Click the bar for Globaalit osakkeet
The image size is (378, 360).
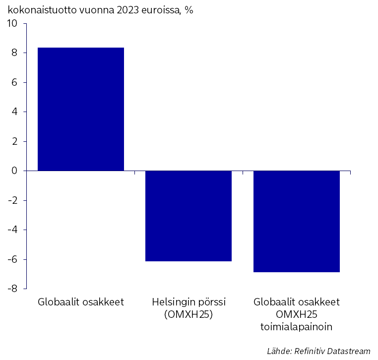click(x=81, y=109)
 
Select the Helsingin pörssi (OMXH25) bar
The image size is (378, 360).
click(x=189, y=216)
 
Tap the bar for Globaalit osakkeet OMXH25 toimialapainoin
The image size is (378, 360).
click(x=297, y=222)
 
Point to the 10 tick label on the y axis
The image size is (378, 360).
click(x=12, y=24)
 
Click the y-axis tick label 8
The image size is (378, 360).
click(x=14, y=53)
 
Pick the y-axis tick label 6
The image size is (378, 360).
click(x=14, y=83)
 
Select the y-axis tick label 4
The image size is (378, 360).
click(x=14, y=112)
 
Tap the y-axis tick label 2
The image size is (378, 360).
click(x=14, y=141)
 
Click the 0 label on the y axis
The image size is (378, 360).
click(x=14, y=171)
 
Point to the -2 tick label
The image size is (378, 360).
click(x=13, y=200)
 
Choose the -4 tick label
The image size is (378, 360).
click(x=13, y=230)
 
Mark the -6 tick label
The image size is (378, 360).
click(x=13, y=259)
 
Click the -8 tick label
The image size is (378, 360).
click(x=13, y=289)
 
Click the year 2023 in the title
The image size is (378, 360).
click(x=127, y=10)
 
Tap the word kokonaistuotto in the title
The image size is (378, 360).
click(x=42, y=10)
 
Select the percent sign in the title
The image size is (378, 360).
click(x=189, y=10)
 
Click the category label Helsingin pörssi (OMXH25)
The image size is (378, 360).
click(x=189, y=308)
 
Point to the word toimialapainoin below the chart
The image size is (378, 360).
click(x=296, y=327)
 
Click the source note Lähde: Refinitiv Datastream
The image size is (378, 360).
click(x=318, y=351)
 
